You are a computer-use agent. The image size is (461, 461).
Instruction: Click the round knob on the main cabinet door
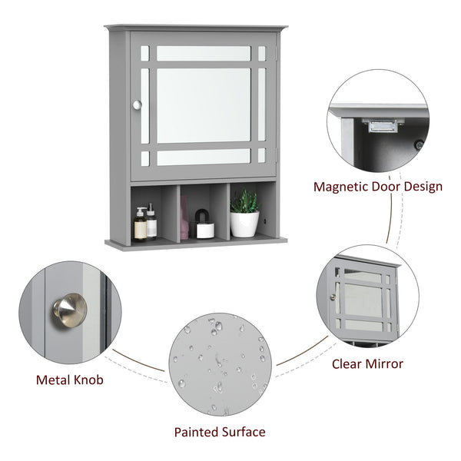click(x=137, y=105)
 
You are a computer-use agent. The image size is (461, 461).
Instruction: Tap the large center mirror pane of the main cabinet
click(x=204, y=104)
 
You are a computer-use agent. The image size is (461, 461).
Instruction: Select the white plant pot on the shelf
click(x=245, y=224)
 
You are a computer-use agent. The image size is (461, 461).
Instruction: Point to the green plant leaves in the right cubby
click(x=245, y=201)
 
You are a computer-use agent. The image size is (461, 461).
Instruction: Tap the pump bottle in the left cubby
click(x=141, y=225)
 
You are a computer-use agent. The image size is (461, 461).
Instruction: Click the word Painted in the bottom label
click(x=197, y=432)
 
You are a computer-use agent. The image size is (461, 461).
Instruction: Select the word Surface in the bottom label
click(x=244, y=432)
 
